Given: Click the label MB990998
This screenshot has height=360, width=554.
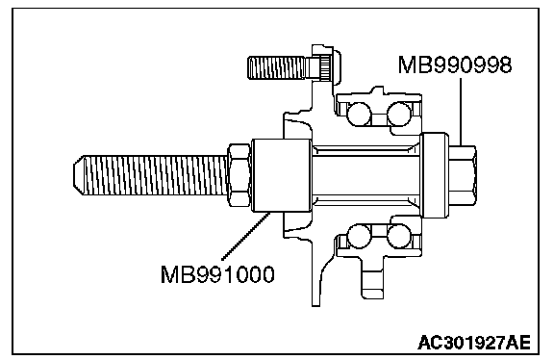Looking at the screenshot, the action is click(x=455, y=65).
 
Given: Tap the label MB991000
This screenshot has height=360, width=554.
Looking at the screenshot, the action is click(x=217, y=274).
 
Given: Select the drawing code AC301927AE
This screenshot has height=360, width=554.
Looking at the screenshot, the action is click(x=474, y=343).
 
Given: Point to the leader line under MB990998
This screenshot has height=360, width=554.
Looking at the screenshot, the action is click(x=461, y=112).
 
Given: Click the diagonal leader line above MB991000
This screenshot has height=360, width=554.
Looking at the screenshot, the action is click(x=246, y=236).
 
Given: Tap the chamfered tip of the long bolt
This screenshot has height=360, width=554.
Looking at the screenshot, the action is click(x=79, y=175).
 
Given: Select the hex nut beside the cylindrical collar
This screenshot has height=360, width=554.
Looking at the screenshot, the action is click(x=239, y=175).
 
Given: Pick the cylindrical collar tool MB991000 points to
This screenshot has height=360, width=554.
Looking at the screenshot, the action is click(x=282, y=175).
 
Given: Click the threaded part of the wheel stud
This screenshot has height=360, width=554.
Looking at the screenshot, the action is click(x=276, y=67).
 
